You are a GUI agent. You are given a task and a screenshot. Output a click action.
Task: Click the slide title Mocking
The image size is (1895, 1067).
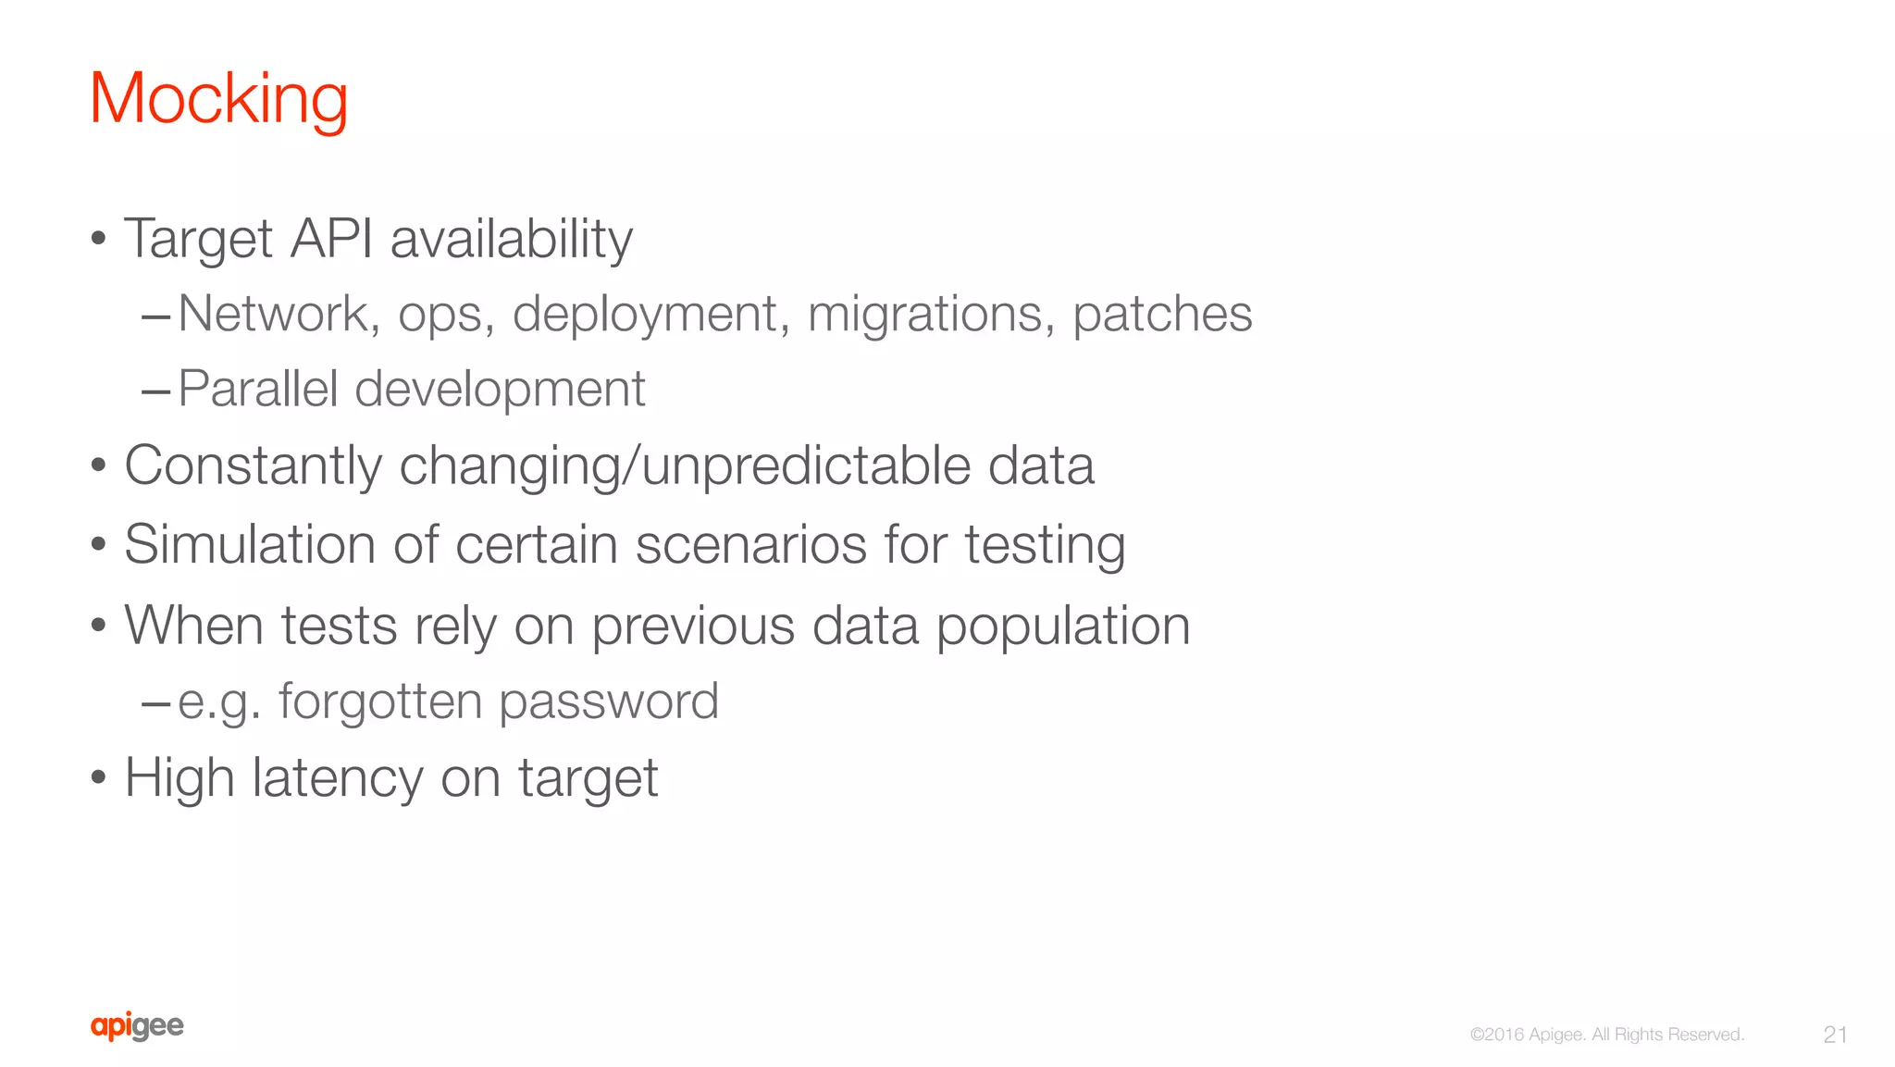[x=218, y=99]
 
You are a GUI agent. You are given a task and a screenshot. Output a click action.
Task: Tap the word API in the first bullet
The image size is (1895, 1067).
[x=331, y=239]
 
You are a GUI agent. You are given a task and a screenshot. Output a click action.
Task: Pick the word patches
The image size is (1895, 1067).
[x=1162, y=314]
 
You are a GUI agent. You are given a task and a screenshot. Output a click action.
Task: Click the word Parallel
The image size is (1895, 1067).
[x=257, y=389]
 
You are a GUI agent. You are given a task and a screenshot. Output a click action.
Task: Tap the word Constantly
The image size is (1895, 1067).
[x=253, y=465]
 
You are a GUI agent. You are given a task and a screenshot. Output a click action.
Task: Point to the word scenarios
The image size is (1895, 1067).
[x=751, y=544]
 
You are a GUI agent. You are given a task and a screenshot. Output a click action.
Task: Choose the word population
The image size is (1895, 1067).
[x=1063, y=627]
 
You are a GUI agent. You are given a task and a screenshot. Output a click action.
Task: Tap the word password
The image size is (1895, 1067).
[x=609, y=701]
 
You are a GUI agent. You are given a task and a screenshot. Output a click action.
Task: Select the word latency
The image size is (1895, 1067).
[x=338, y=777]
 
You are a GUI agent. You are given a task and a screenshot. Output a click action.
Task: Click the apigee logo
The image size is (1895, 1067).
[x=137, y=1026]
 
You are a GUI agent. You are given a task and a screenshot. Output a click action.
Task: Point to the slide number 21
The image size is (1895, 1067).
[x=1835, y=1035]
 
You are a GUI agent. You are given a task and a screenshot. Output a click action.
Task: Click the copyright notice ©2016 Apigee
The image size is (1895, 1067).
[x=1607, y=1035]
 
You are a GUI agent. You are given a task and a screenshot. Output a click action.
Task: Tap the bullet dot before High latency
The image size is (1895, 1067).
[x=99, y=777]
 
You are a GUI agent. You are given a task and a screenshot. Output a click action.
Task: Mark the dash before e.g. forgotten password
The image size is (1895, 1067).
[x=155, y=704]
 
